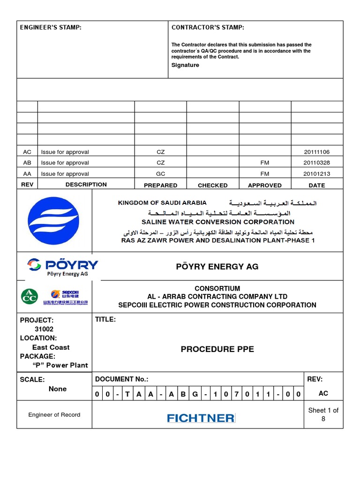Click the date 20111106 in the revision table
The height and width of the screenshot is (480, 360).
(317, 152)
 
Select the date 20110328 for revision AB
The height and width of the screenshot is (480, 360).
(317, 163)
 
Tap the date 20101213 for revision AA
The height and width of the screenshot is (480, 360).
(317, 174)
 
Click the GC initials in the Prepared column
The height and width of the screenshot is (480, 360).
(160, 174)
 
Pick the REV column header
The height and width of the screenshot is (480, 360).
(27, 185)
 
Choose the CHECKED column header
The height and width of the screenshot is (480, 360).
(212, 185)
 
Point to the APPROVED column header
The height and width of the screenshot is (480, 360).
(264, 185)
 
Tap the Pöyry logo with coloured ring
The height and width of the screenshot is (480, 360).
(35, 265)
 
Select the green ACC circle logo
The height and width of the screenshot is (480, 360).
(29, 296)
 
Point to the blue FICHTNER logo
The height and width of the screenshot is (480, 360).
(201, 417)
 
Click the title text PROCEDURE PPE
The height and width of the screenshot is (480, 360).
(217, 349)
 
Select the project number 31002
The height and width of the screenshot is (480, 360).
(44, 329)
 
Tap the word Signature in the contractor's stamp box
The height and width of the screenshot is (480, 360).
(185, 65)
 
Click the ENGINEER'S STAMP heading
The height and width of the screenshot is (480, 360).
(51, 28)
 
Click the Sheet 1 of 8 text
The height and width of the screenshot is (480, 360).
(323, 414)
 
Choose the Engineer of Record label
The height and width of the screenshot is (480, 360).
(54, 415)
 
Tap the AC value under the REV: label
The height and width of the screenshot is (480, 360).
(323, 394)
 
